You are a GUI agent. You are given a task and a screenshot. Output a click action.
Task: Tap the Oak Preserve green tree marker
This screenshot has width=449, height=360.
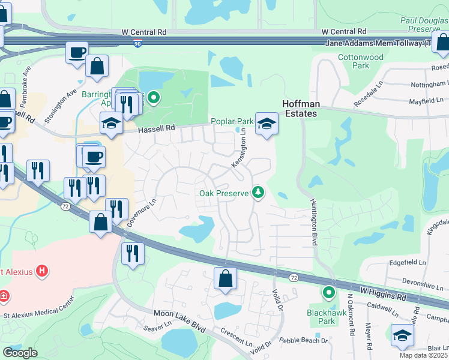(x=258, y=193)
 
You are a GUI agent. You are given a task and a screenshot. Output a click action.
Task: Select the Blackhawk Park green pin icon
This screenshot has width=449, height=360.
(x=328, y=293)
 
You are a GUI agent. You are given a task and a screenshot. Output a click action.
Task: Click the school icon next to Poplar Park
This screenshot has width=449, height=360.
(x=265, y=124)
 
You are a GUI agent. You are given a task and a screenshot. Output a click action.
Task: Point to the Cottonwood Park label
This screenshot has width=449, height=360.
(x=361, y=61)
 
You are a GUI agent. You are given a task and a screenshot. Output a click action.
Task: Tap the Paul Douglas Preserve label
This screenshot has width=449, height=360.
(x=424, y=24)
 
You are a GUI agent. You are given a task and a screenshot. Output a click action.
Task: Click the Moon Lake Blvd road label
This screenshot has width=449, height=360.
(x=179, y=313)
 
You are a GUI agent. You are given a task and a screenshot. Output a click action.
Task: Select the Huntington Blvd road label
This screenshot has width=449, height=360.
(x=313, y=222)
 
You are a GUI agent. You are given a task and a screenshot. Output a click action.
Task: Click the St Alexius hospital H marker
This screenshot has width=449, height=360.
(x=41, y=271)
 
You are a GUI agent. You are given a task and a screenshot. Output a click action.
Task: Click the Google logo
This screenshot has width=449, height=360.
(x=19, y=353)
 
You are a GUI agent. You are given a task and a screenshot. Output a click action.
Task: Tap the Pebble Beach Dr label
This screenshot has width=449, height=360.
(x=304, y=340)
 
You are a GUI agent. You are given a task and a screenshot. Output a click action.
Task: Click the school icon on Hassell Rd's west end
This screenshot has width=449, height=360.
(x=111, y=124)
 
